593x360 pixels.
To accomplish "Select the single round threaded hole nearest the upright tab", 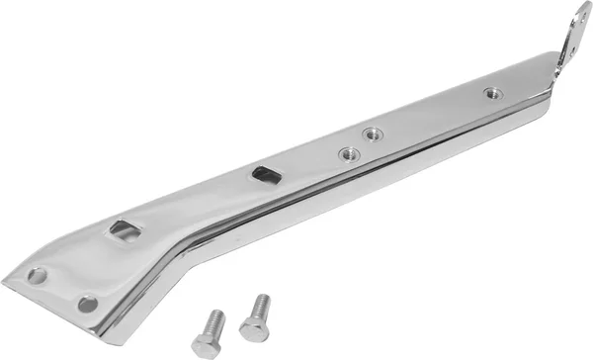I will (x=492, y=93).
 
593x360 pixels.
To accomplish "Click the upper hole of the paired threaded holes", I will (x=373, y=134).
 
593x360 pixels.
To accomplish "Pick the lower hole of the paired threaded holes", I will (x=349, y=153).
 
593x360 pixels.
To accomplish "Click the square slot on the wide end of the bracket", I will (x=126, y=230).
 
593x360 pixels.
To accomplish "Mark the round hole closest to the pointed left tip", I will (x=38, y=276).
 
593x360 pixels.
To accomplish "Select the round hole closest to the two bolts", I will (x=88, y=304).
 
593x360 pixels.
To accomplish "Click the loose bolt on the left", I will (x=210, y=332).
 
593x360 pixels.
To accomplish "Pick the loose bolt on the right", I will (x=255, y=317).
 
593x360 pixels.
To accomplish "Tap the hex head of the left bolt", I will (x=206, y=344).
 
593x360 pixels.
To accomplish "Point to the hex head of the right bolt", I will (x=252, y=330).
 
